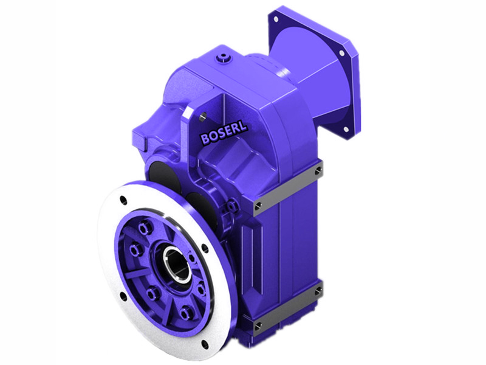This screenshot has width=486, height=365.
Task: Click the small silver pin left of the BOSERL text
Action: [203, 115]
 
